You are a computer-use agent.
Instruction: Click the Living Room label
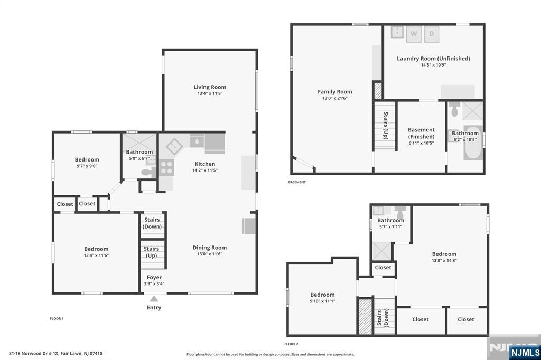(210, 87)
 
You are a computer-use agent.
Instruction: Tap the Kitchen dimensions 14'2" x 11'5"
(205, 170)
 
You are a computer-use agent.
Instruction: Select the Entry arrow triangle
(154, 299)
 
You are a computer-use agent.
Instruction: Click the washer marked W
(414, 34)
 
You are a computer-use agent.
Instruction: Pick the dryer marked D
(431, 34)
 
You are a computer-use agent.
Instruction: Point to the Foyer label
(154, 277)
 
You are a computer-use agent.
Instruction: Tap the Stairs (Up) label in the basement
(385, 126)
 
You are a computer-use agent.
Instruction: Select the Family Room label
(334, 92)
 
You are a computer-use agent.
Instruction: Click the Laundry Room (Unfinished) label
(433, 59)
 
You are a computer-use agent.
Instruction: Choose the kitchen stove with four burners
(166, 167)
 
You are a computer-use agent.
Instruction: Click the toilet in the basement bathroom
(454, 109)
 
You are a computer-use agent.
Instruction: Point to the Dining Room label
(209, 248)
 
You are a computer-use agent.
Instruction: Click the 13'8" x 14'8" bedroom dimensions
(444, 261)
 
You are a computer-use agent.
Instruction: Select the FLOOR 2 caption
(291, 344)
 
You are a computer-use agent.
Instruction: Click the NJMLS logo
(525, 353)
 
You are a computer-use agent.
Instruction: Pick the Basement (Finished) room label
(421, 133)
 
